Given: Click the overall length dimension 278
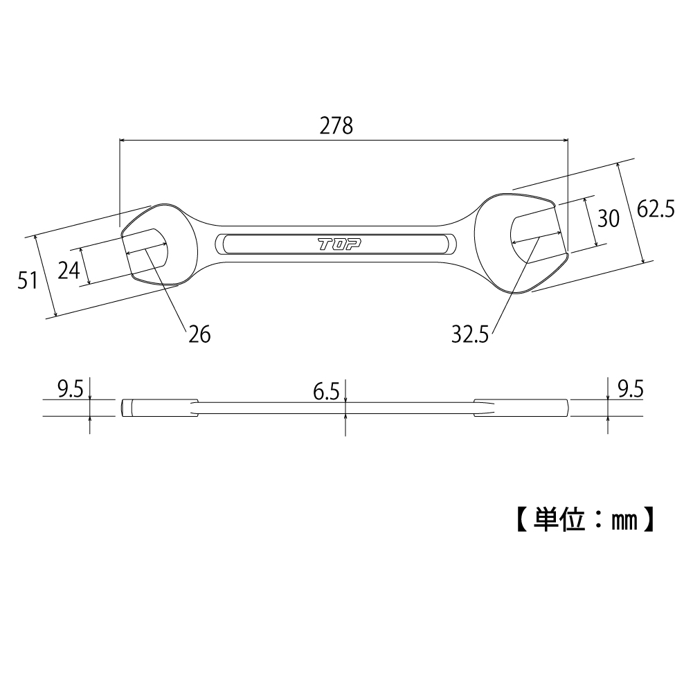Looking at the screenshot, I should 336,126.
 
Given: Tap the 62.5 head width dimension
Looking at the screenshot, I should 656,209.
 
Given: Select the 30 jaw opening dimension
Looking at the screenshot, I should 608,219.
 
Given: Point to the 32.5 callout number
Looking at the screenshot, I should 470,335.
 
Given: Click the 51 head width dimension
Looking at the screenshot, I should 27,280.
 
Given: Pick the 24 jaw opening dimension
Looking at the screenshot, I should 69,269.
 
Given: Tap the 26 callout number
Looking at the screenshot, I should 199,335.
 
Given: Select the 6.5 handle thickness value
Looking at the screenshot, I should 325,393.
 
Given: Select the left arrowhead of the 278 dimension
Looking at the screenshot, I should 123,141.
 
